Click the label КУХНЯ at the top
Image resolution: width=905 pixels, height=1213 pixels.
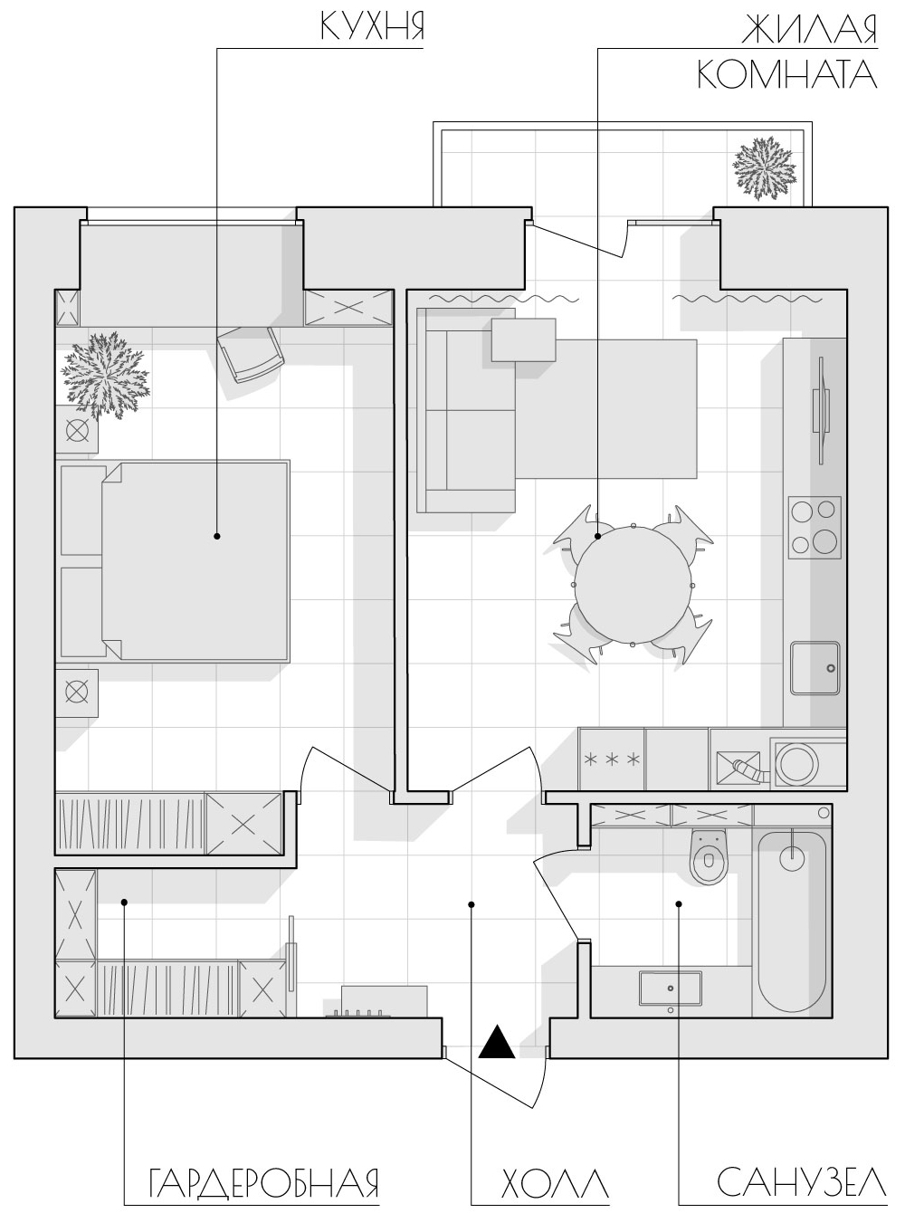point(372,25)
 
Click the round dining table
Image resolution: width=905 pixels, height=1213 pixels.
point(633,585)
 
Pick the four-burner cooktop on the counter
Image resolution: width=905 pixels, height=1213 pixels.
point(814,528)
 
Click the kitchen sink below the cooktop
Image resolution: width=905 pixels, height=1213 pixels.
point(814,667)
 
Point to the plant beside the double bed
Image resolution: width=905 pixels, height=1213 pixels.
point(105,376)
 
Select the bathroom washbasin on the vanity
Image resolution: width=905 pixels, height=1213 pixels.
point(671,989)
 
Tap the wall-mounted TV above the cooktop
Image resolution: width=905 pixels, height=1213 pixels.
point(821,412)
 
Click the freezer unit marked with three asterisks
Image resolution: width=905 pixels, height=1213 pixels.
point(611,759)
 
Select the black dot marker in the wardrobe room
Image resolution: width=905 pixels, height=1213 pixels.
point(124,902)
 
